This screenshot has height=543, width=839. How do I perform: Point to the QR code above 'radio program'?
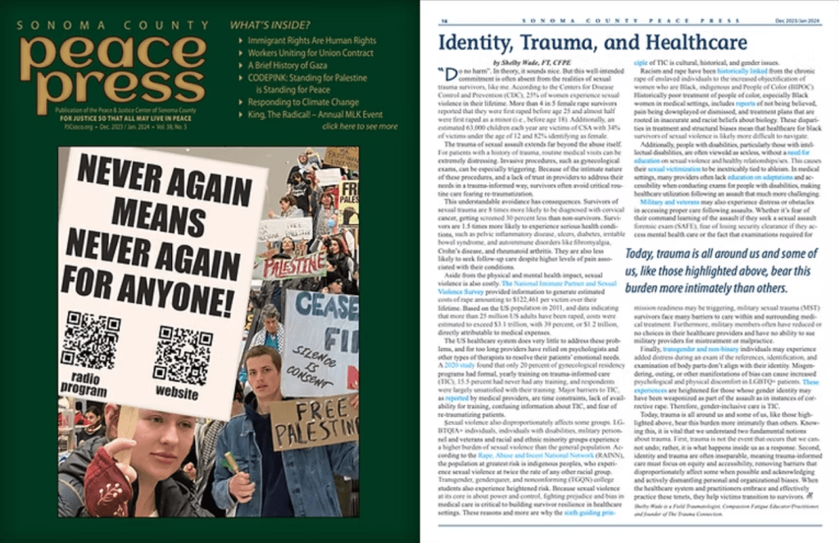pos(91,340)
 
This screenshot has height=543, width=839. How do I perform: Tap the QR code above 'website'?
pos(182,355)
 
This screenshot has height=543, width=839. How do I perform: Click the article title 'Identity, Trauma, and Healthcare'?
pos(592,42)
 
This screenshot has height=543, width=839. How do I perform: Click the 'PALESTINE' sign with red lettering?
pos(292,266)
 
